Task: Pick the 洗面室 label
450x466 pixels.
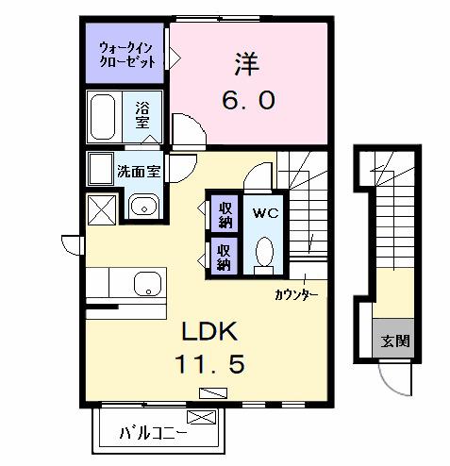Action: [x=138, y=172]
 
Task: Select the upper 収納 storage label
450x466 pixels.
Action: [x=225, y=214]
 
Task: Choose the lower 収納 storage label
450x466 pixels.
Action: [x=225, y=256]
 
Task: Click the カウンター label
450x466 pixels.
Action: [x=296, y=295]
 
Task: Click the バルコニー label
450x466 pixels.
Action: [x=153, y=435]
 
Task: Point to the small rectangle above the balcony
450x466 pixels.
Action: [x=208, y=392]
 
